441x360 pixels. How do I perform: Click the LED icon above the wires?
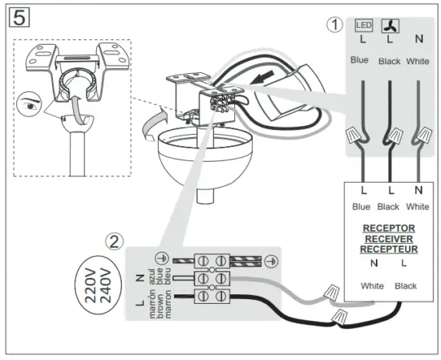363,26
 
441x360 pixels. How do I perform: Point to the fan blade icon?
390,26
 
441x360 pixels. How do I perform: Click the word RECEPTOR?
390,228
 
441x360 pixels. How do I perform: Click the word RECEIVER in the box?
390,238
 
